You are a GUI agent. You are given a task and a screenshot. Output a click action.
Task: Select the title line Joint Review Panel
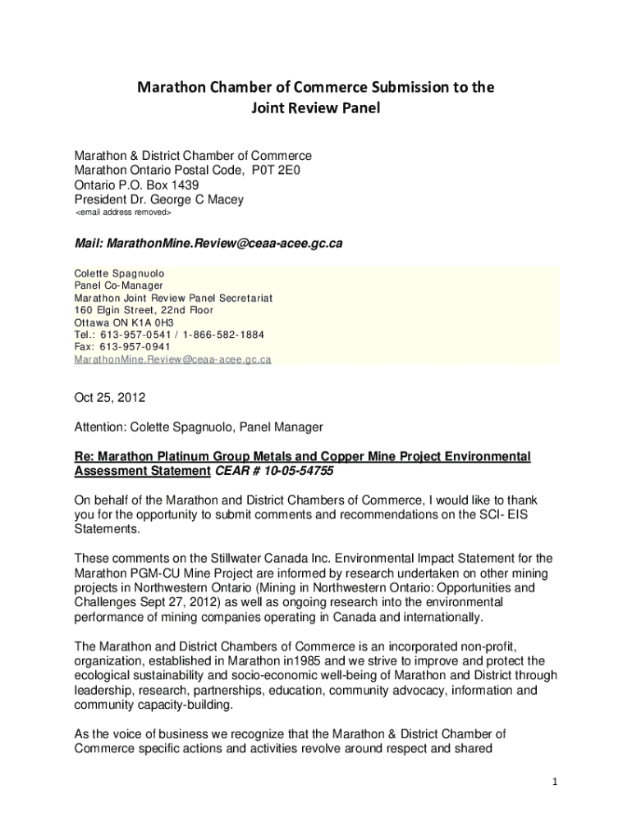(x=315, y=108)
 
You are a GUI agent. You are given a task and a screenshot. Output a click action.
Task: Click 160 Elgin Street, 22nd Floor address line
(x=144, y=310)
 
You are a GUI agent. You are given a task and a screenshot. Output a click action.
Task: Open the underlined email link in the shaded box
(x=172, y=359)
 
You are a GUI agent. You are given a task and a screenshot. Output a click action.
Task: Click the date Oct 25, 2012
(x=110, y=398)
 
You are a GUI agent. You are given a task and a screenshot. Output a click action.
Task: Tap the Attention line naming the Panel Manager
(x=199, y=427)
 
